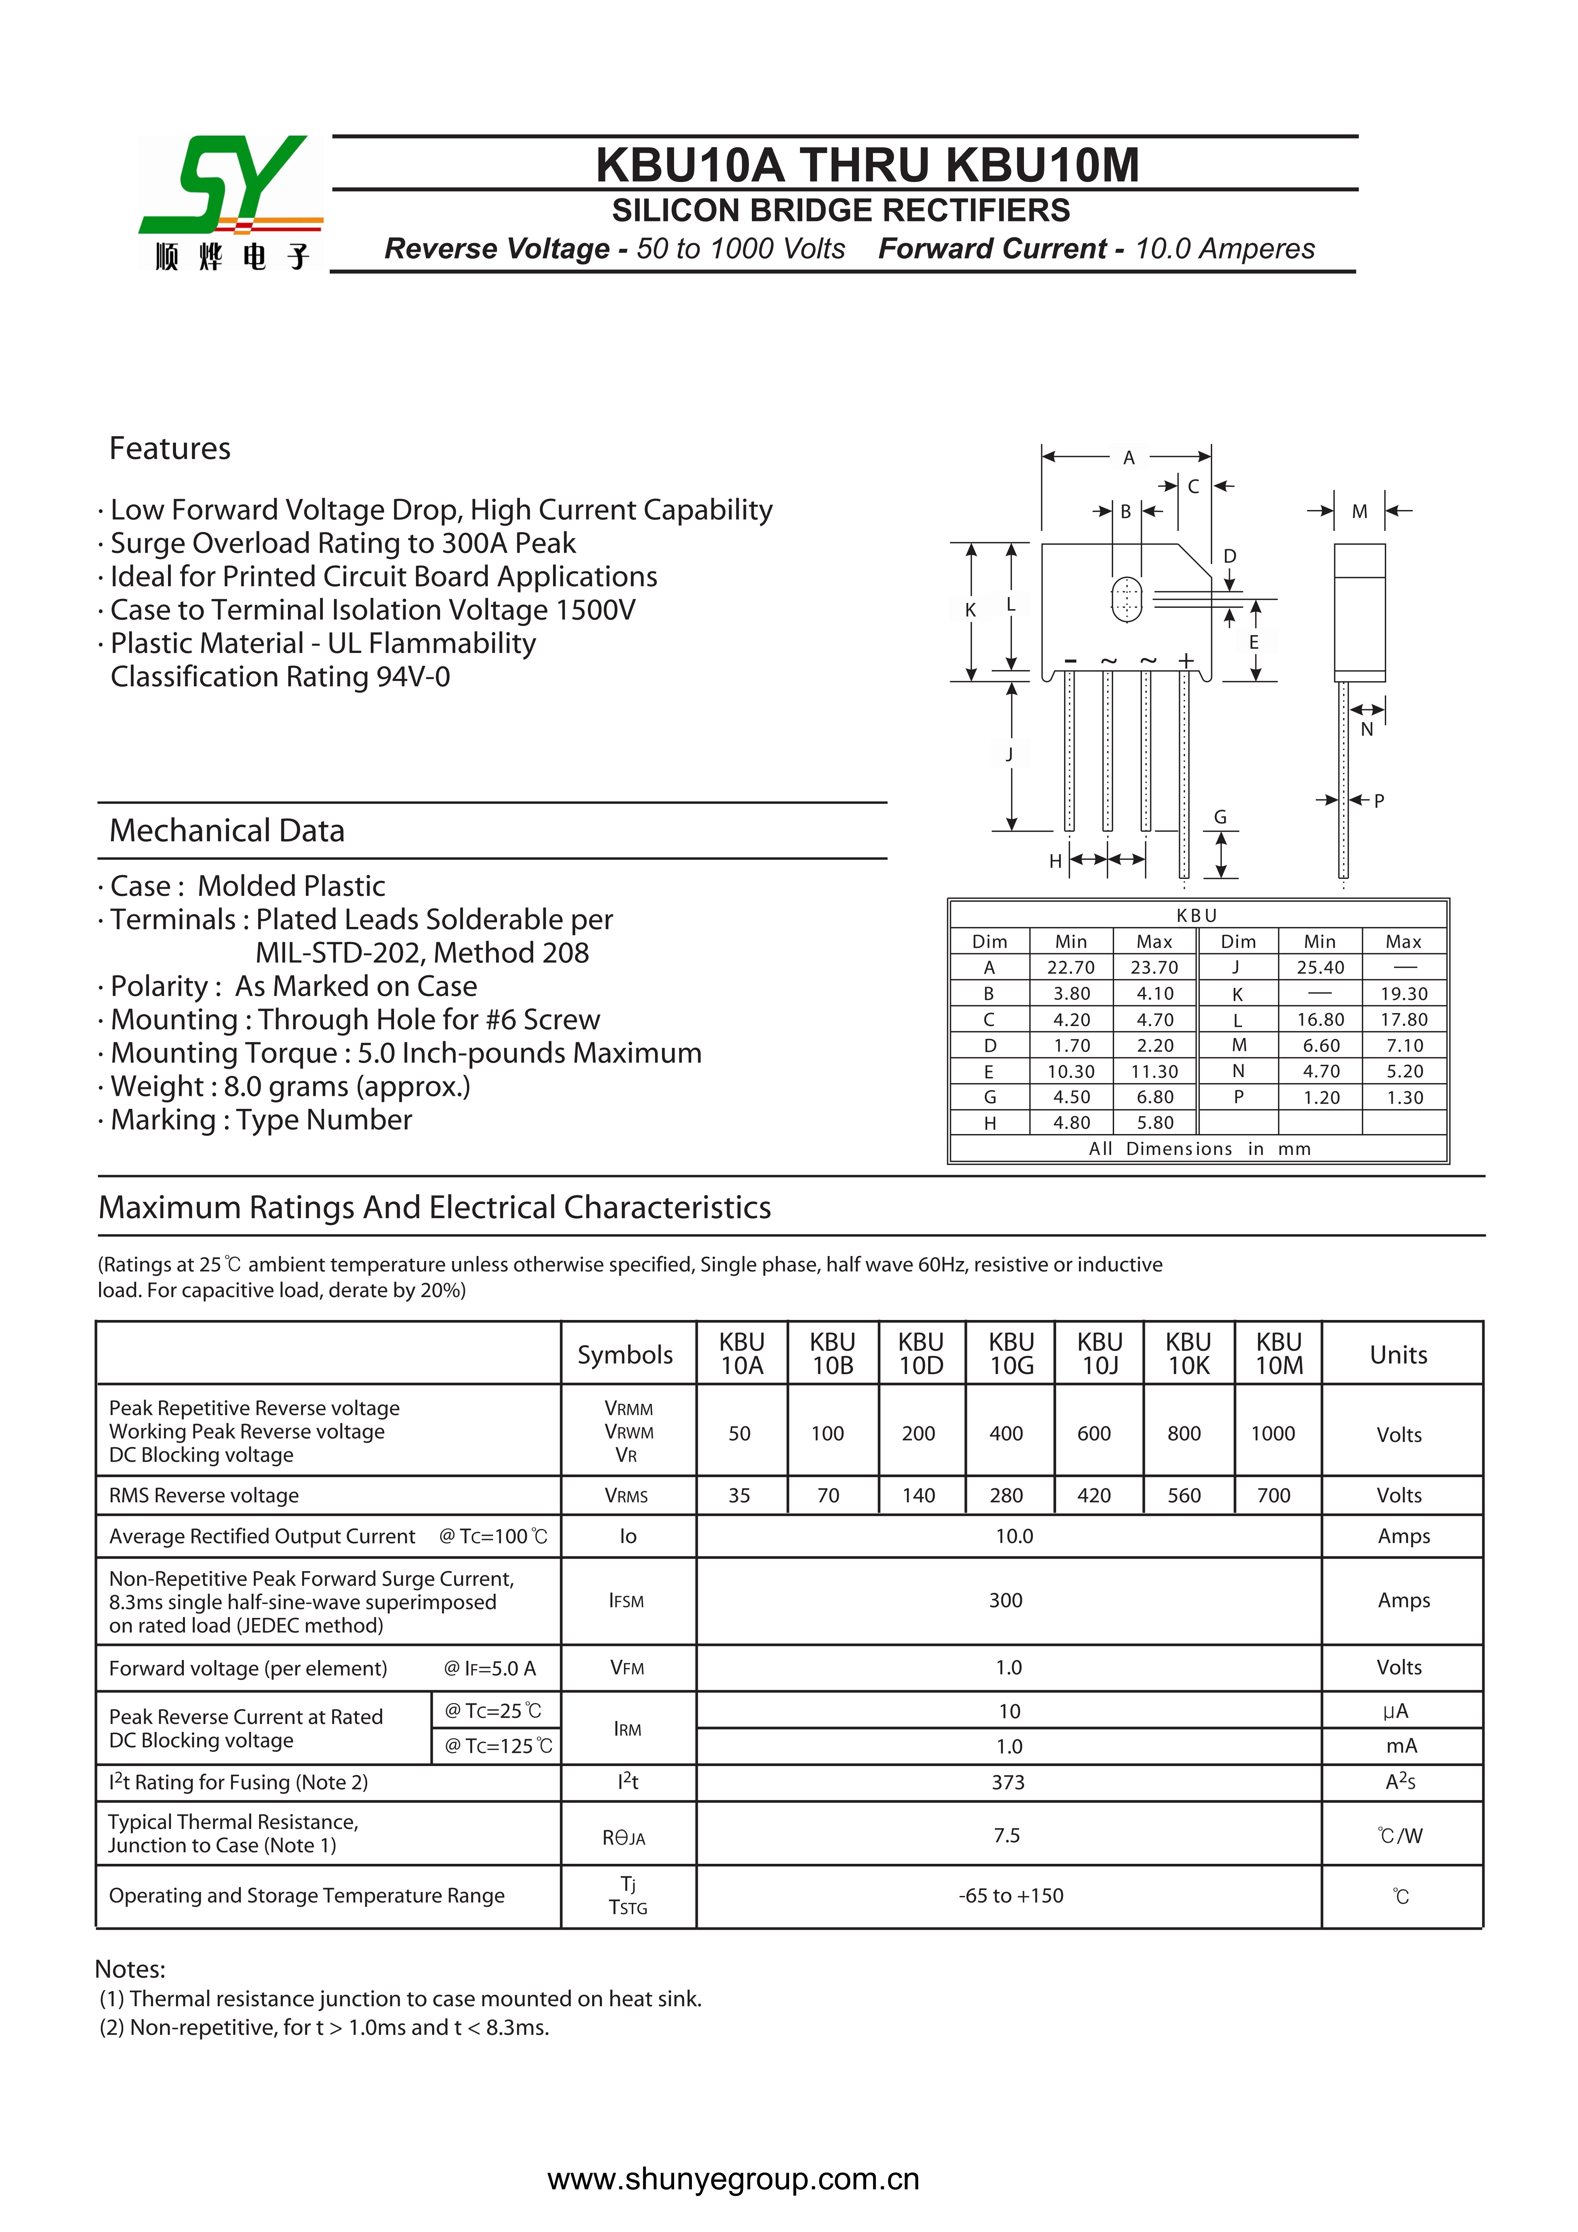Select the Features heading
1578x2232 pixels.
(x=170, y=448)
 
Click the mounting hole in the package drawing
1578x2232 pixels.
(x=1126, y=599)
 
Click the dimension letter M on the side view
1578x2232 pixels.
(x=1359, y=511)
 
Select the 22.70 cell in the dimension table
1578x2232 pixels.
(x=1070, y=967)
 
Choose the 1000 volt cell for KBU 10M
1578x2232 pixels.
(x=1273, y=1433)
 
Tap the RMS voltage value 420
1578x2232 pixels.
(x=1094, y=1495)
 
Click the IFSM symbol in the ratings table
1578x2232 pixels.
(x=626, y=1600)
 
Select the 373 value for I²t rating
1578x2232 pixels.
(x=1008, y=1782)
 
